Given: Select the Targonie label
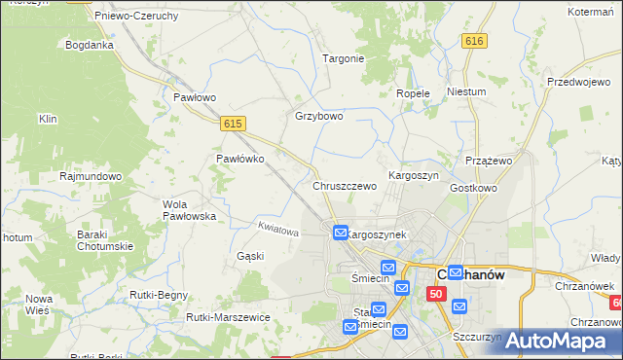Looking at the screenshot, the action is (x=343, y=58).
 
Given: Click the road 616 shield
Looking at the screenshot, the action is (x=474, y=41).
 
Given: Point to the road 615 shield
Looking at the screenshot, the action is (x=232, y=124).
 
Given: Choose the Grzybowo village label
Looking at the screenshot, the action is (x=319, y=116).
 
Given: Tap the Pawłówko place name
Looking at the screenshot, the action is (x=239, y=159).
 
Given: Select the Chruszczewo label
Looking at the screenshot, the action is (x=344, y=186).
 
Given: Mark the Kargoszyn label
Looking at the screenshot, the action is (x=414, y=175).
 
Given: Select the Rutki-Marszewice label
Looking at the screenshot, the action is (x=227, y=317).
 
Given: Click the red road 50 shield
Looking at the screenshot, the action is (x=436, y=294).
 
